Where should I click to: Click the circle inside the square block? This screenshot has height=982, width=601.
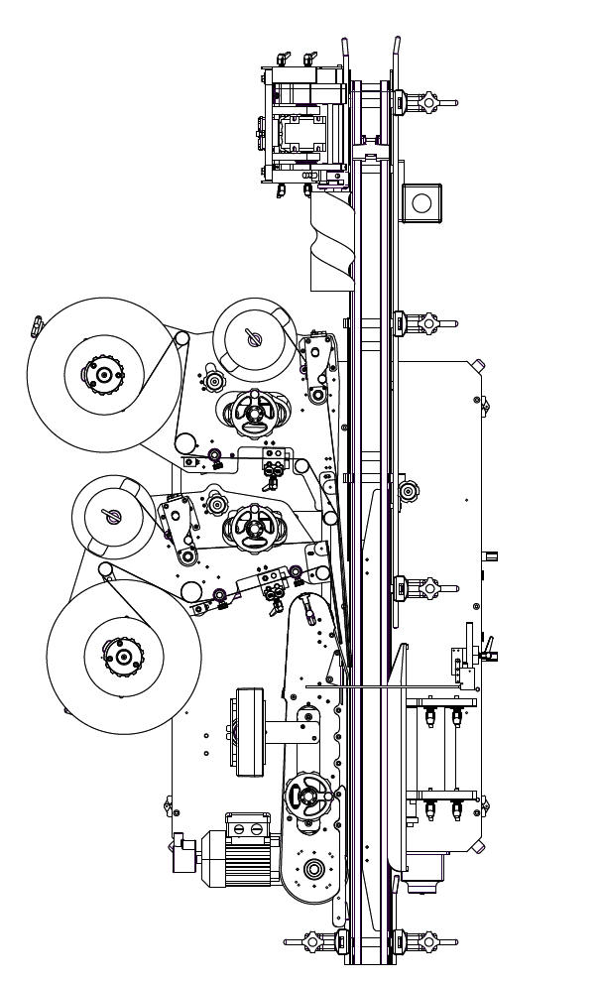(x=421, y=204)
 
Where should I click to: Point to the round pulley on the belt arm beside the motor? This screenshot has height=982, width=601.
(x=313, y=870)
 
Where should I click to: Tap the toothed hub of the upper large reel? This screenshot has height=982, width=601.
(x=102, y=375)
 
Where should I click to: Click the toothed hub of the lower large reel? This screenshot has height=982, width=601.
(x=123, y=656)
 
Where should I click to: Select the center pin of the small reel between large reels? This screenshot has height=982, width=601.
(x=111, y=515)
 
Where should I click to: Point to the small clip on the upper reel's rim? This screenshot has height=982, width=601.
(x=38, y=325)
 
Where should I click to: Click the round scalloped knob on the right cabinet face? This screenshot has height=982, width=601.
(x=408, y=492)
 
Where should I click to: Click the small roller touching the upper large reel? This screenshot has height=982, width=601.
(x=183, y=341)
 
